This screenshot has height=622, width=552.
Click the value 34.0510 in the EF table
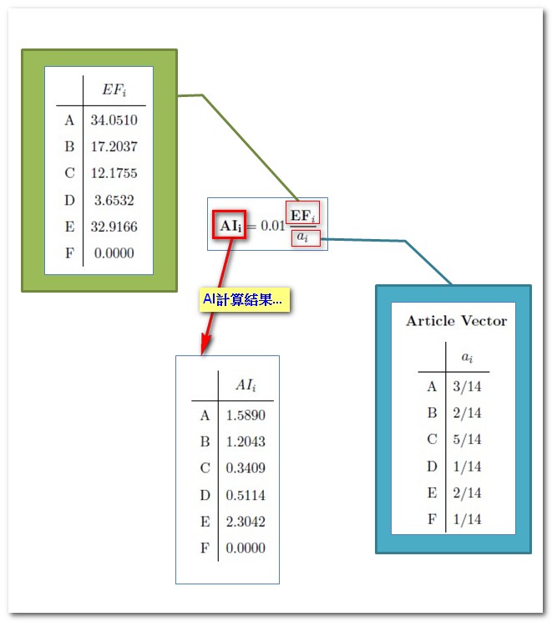pos(114,120)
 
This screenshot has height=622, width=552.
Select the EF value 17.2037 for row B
pos(114,147)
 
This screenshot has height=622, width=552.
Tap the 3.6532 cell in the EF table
pos(114,201)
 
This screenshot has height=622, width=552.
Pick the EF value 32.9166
pos(114,227)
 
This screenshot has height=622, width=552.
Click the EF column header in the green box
pos(114,89)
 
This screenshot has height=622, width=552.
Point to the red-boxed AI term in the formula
pos(230,225)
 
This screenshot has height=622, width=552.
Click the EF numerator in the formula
pos(303,216)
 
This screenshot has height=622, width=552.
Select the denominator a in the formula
pos(306,238)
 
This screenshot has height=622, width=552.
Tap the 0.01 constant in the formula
pos(273,226)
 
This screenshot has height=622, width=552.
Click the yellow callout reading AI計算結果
pos(245,299)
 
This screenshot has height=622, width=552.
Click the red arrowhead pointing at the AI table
pos(205,344)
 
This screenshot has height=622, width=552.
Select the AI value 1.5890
pos(246,416)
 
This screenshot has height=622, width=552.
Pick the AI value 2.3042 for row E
pos(246,522)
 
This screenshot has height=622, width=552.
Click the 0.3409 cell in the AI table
pos(246,468)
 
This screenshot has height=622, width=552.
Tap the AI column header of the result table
pos(246,385)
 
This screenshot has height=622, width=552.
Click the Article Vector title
pos(457,321)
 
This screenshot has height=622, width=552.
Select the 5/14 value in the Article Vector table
pos(467,440)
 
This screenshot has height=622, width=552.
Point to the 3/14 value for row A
pos(467,386)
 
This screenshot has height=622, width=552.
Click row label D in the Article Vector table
pos(432,466)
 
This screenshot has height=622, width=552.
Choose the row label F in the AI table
pos(205,548)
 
